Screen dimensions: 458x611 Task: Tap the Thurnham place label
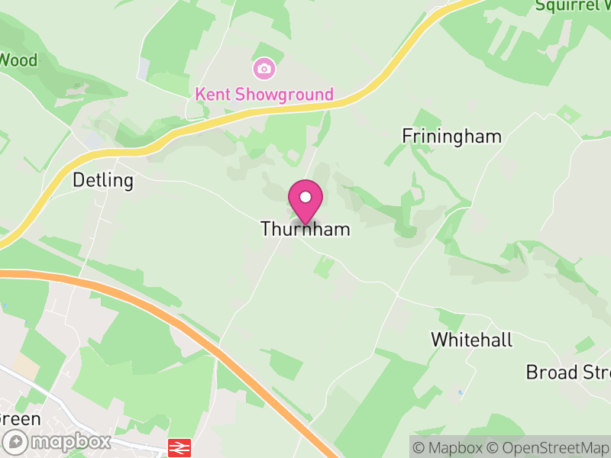click(x=305, y=229)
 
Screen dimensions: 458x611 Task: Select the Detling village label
click(x=102, y=181)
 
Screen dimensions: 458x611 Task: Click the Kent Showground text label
click(x=264, y=95)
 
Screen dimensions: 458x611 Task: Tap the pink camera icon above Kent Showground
click(x=264, y=69)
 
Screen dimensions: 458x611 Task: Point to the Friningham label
click(x=452, y=137)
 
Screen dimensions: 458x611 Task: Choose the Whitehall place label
click(x=471, y=340)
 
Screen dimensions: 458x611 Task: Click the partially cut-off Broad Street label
click(x=568, y=373)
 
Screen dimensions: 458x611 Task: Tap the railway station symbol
click(x=179, y=447)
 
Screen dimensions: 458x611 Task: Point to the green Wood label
click(x=18, y=60)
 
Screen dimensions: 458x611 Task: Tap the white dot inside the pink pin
click(x=305, y=197)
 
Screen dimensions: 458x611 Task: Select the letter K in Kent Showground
click(x=201, y=95)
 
